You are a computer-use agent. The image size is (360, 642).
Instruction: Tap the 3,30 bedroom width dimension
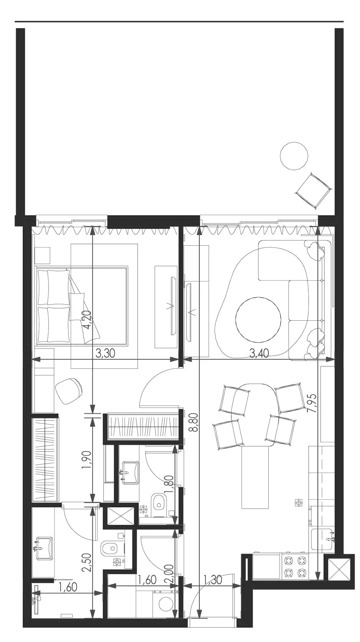pos(106,353)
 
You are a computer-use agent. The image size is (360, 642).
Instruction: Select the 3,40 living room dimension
pos(259,353)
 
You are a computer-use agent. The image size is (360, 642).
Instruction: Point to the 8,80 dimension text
pos(195,422)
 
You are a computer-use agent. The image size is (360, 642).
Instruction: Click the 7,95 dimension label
pos(313,403)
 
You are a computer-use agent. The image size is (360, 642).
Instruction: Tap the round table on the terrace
pos(294,156)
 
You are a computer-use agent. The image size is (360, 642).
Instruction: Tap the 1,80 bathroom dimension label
pos(170,485)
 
